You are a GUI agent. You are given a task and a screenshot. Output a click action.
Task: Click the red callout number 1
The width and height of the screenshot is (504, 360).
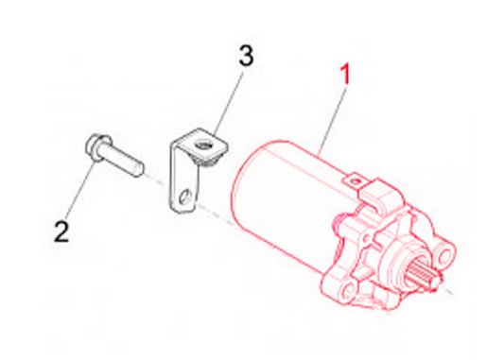click(345, 75)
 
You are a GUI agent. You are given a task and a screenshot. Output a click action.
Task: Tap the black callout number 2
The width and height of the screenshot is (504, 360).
click(61, 231)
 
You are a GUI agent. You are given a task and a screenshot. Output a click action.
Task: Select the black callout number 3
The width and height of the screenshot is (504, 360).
click(246, 55)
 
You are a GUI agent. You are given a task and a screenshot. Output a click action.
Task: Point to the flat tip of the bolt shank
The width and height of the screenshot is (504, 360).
click(139, 168)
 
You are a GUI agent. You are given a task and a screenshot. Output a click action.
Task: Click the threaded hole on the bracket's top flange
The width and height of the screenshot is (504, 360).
click(203, 146)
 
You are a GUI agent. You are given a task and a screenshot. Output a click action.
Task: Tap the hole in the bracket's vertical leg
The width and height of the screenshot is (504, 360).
click(185, 197)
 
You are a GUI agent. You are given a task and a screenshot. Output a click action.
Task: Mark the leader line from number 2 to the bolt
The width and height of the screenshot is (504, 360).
click(80, 191)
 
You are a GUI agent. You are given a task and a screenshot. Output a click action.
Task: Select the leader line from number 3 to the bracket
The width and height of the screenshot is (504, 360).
click(227, 104)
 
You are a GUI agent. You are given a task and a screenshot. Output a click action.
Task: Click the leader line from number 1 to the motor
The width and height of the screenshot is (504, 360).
click(332, 121)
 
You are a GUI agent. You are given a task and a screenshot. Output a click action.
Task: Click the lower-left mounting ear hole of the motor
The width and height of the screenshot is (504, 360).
click(347, 289)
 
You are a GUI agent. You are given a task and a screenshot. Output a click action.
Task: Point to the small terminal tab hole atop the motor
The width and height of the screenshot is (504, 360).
click(355, 181)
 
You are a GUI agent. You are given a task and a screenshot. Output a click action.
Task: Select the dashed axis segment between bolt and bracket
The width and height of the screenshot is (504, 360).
click(157, 180)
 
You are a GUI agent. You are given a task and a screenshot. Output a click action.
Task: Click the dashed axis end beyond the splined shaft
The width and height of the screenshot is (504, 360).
click(448, 291)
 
